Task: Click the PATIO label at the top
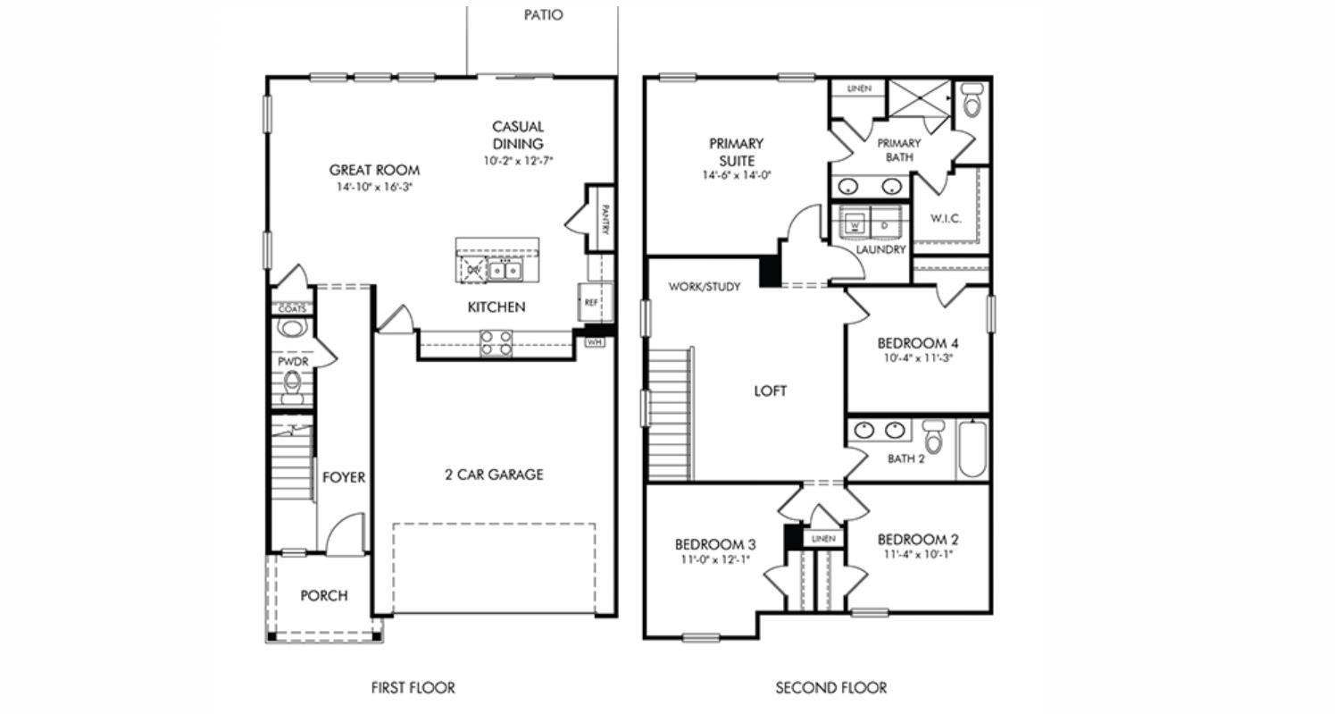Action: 543,15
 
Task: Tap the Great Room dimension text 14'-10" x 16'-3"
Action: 374,188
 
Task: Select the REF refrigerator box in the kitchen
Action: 591,303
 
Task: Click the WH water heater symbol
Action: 595,341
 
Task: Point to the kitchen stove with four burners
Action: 496,342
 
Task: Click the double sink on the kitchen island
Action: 505,270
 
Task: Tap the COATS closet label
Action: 292,309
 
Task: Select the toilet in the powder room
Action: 292,386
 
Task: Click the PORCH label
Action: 323,596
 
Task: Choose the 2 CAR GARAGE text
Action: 494,475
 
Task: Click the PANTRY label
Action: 605,220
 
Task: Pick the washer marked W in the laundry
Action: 855,226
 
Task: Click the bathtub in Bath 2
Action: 972,449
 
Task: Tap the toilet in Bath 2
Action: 934,435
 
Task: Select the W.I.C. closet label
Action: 946,219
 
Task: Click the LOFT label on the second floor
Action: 770,391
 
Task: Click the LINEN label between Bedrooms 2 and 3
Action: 823,539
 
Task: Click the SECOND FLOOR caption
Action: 830,688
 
